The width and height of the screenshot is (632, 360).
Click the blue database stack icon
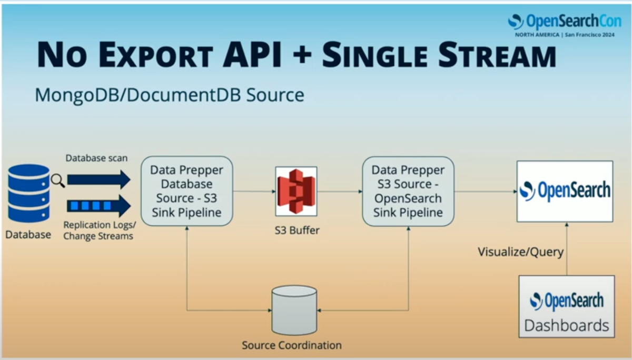pos(29,193)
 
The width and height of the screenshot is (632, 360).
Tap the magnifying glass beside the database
pos(58,181)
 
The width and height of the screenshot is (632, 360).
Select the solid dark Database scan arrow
pos(99,179)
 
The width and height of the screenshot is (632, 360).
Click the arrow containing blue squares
pos(99,206)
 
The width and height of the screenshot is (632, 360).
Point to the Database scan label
pos(96,158)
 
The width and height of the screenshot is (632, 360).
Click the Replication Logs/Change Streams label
pos(100,231)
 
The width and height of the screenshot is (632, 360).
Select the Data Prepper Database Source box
pos(187,191)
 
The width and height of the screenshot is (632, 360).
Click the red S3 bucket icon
pos(296,192)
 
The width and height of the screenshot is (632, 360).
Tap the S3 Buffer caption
pos(297,231)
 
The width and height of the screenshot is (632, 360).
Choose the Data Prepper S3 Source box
pos(408,192)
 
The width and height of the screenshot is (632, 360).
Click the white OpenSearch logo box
pos(565,192)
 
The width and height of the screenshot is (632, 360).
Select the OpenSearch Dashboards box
pos(567,307)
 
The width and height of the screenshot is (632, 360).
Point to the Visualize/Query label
pos(520,252)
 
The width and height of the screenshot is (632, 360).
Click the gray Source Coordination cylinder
pos(294,310)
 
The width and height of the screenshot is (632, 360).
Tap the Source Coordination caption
pos(292,345)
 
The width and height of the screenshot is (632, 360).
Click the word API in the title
pos(252,55)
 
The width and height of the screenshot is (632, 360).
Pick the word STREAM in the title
pos(497,55)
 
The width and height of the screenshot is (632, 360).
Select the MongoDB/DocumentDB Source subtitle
pos(170,95)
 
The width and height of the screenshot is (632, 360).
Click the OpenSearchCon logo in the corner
pos(565,25)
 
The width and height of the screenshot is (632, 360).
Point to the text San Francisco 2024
pos(590,35)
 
